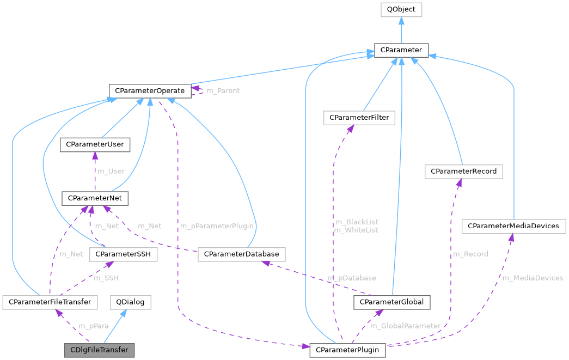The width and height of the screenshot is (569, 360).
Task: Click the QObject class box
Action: tap(400, 9)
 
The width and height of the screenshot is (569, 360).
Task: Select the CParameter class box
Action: tap(400, 50)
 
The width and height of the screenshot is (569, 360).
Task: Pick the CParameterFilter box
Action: tap(359, 117)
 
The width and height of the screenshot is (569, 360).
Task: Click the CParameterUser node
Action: tap(95, 144)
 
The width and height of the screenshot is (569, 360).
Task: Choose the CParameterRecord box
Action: tap(463, 171)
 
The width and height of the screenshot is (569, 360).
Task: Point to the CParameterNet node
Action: tap(95, 198)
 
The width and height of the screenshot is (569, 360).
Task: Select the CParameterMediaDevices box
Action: tap(514, 225)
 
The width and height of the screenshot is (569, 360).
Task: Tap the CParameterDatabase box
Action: tap(241, 254)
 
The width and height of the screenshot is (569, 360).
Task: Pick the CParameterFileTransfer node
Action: tap(50, 301)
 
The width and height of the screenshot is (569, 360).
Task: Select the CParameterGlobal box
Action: tap(392, 301)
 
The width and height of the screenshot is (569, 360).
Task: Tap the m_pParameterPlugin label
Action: tap(216, 225)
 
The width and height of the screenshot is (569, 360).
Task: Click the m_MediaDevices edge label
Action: tap(532, 278)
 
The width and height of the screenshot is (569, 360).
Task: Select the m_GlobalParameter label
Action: tap(405, 326)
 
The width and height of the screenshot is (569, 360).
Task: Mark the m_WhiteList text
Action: tap(356, 230)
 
